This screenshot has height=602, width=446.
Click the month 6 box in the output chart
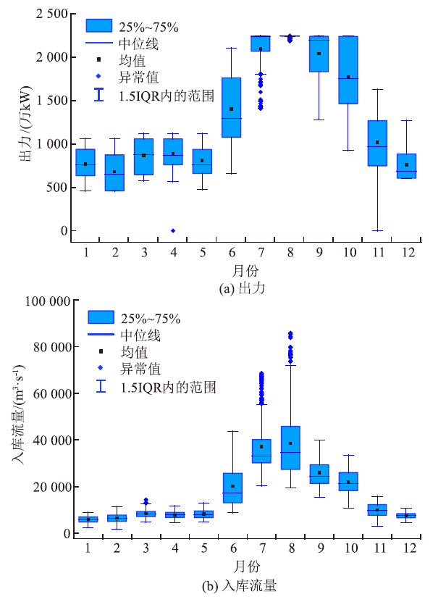[x=231, y=107]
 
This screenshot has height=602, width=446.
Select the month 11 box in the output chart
[x=377, y=143]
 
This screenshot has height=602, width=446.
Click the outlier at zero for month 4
[x=173, y=230]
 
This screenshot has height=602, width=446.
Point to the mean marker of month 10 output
[x=348, y=77]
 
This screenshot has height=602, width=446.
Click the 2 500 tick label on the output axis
[x=50, y=14]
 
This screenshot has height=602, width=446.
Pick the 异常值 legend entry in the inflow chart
[x=141, y=369]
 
